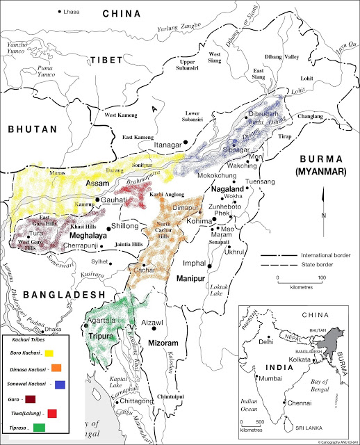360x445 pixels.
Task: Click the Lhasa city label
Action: point(72,13)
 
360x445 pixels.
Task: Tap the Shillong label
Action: point(126,227)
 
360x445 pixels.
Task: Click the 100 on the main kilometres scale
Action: point(322,278)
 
